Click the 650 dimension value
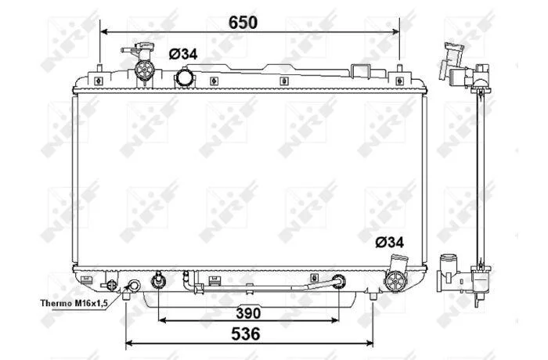point(243,23)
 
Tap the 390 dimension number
point(248,313)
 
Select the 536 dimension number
point(246,334)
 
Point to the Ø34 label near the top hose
point(183,54)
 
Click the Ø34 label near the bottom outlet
point(389,242)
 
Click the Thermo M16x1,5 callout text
point(74,303)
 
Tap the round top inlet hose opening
point(183,78)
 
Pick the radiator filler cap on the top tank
point(144,70)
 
